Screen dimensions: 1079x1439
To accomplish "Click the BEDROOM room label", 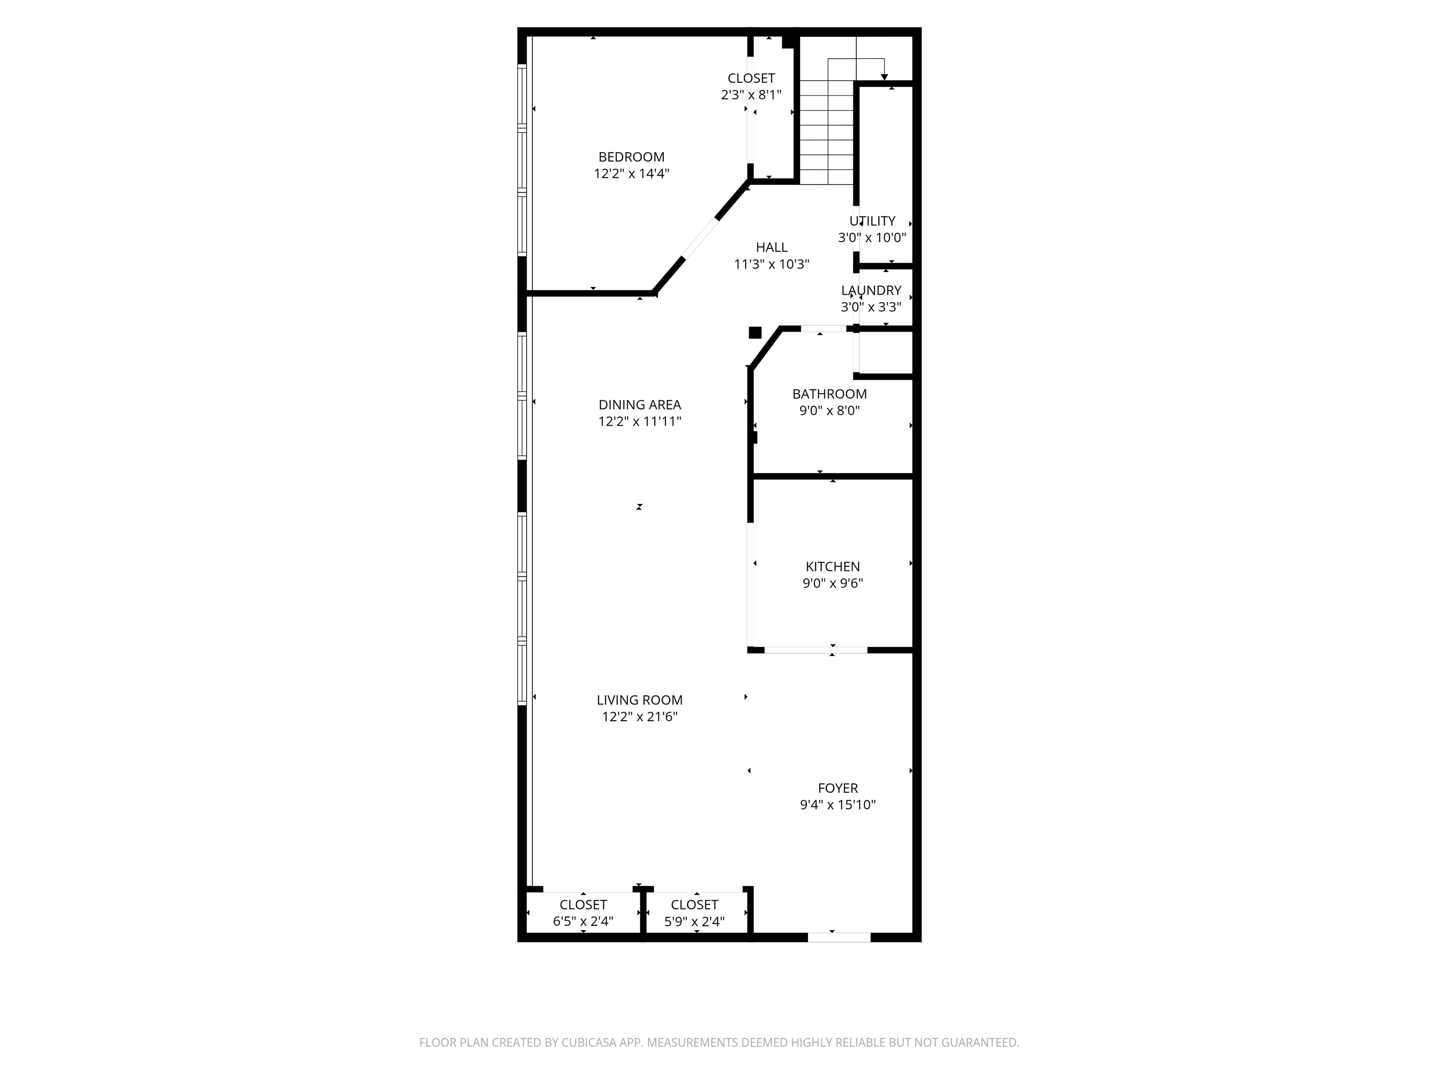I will (631, 157).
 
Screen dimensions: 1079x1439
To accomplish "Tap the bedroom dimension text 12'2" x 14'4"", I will (631, 174).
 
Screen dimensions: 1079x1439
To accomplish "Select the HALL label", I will (771, 247).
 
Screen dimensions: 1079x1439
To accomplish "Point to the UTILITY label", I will (872, 221).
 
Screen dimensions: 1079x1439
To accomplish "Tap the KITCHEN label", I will (832, 567).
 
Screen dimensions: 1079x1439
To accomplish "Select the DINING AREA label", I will (639, 405).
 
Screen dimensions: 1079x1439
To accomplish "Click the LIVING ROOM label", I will (639, 700).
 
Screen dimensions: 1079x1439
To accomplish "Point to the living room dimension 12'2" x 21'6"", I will (639, 717).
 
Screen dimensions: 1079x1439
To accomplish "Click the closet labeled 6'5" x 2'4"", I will (583, 921).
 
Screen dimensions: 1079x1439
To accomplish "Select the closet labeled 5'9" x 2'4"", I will (694, 921).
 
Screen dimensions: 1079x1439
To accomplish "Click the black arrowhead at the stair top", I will (884, 77).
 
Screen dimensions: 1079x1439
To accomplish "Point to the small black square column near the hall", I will (755, 333).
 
